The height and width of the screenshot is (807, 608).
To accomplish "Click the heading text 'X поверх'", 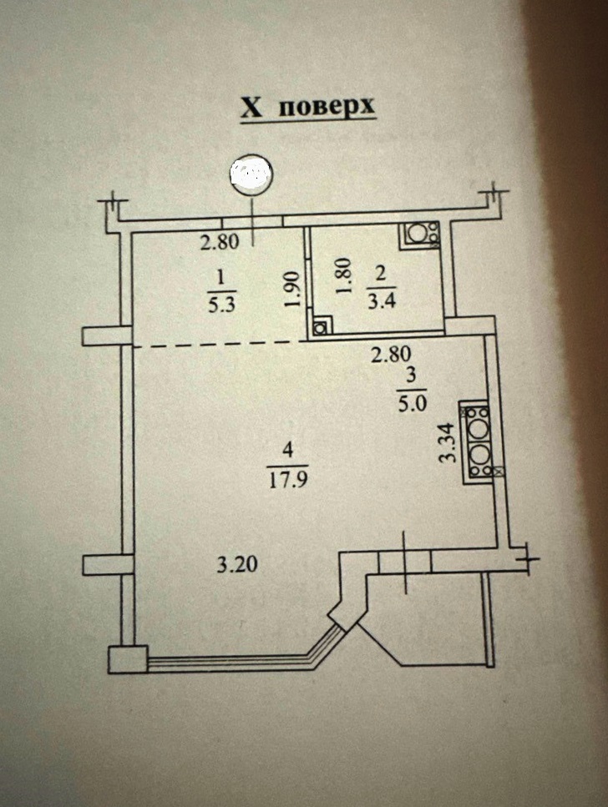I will click(308, 108).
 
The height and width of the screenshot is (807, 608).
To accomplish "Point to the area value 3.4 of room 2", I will click(381, 301).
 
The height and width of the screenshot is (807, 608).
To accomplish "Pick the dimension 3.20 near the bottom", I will click(236, 565).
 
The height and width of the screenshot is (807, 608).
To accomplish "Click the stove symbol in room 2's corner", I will click(422, 235).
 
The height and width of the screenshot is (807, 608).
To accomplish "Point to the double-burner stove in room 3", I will click(479, 442).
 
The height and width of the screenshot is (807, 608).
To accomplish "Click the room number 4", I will click(288, 450).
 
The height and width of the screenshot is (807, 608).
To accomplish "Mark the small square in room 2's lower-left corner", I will click(320, 328).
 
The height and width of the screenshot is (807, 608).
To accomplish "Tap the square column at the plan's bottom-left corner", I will click(129, 660).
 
